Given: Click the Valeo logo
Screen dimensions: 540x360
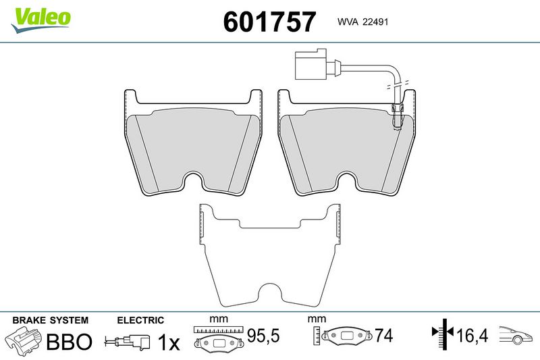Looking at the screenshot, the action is point(40,20).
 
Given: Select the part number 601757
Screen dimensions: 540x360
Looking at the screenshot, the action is point(269,22).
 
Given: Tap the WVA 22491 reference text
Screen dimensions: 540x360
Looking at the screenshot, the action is point(362,22).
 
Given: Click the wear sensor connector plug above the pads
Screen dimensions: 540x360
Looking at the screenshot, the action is point(311,63).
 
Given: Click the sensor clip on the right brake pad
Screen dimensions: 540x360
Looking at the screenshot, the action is point(398,116).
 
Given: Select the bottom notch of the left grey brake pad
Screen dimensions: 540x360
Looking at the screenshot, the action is point(192,180).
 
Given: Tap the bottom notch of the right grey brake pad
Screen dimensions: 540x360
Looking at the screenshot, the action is point(346,180).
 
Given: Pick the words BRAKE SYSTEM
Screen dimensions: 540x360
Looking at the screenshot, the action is point(50,320).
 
